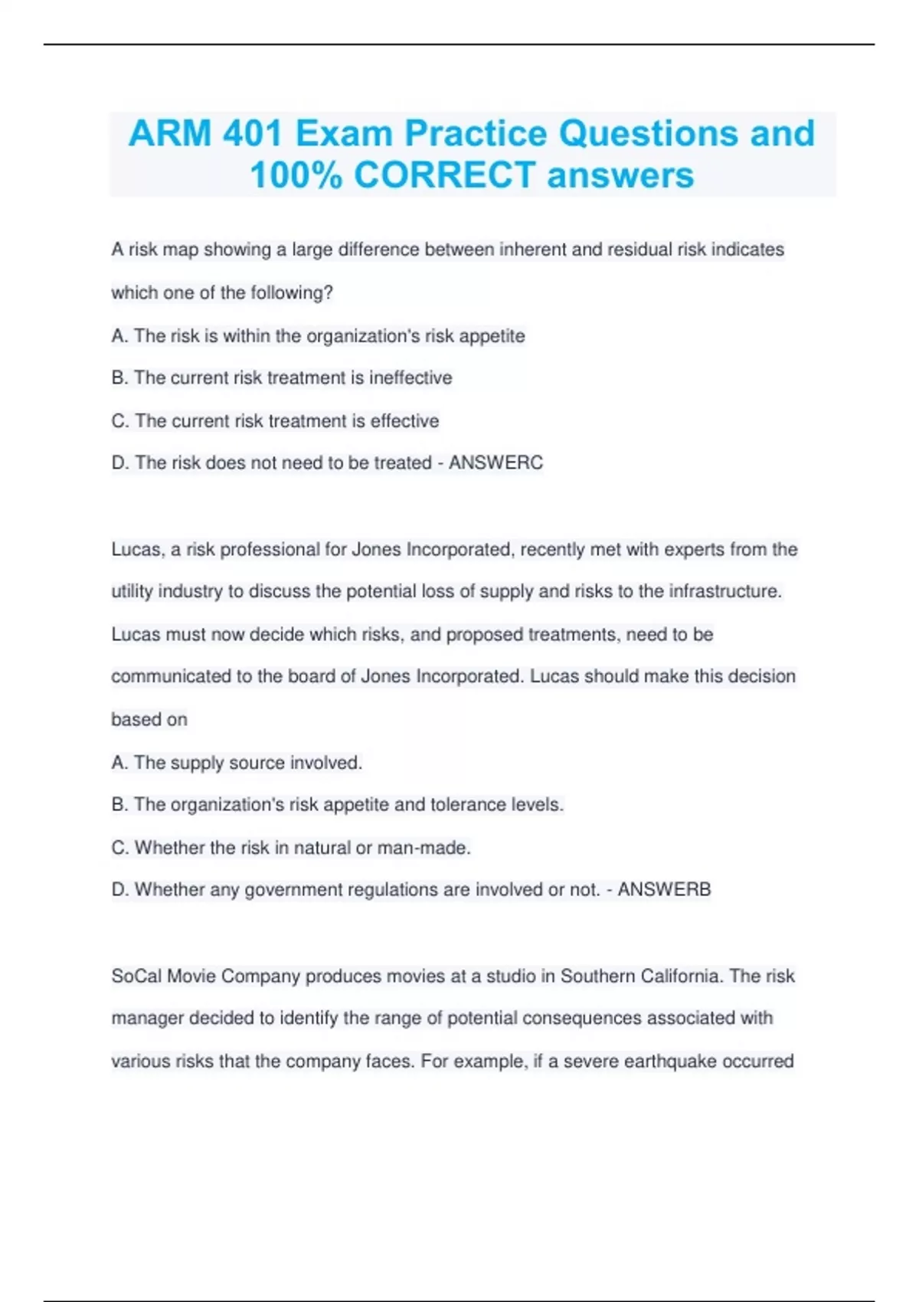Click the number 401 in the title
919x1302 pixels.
click(252, 133)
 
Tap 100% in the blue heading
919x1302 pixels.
click(296, 175)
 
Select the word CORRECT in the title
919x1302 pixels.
click(444, 175)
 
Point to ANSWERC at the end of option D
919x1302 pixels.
click(495, 463)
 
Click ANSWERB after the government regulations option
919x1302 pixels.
click(664, 889)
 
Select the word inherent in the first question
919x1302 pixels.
click(538, 250)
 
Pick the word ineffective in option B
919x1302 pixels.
click(410, 378)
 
